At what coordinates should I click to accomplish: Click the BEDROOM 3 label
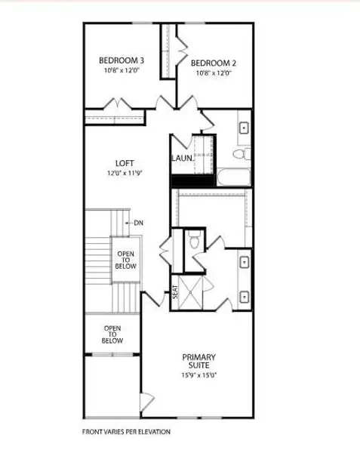click(x=122, y=60)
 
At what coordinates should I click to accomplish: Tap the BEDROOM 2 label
click(x=214, y=63)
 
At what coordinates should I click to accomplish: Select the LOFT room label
click(x=125, y=162)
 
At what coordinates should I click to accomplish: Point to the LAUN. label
click(x=181, y=159)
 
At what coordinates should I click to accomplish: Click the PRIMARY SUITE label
click(x=199, y=361)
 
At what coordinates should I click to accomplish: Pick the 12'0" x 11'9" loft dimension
click(x=125, y=173)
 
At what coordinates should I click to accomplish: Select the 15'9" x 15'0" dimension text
click(x=199, y=375)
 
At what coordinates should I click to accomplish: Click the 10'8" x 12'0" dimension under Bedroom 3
click(x=122, y=70)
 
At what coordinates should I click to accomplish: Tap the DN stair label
click(x=138, y=223)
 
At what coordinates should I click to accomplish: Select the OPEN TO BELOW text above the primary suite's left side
click(x=112, y=334)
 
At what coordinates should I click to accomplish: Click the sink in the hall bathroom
click(x=245, y=128)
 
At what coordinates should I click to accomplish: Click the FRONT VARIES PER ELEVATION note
click(x=126, y=433)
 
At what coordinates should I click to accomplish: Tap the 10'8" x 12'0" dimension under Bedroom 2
click(x=214, y=73)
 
